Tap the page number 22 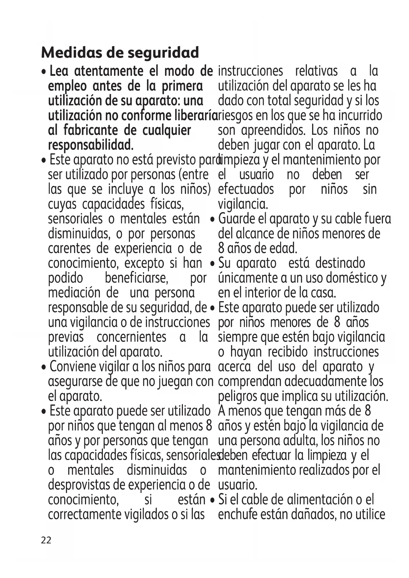tap(46, 540)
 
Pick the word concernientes tap(131, 337)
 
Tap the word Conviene tap(73, 366)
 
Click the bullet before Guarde tap(213, 219)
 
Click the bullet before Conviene tap(44, 367)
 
